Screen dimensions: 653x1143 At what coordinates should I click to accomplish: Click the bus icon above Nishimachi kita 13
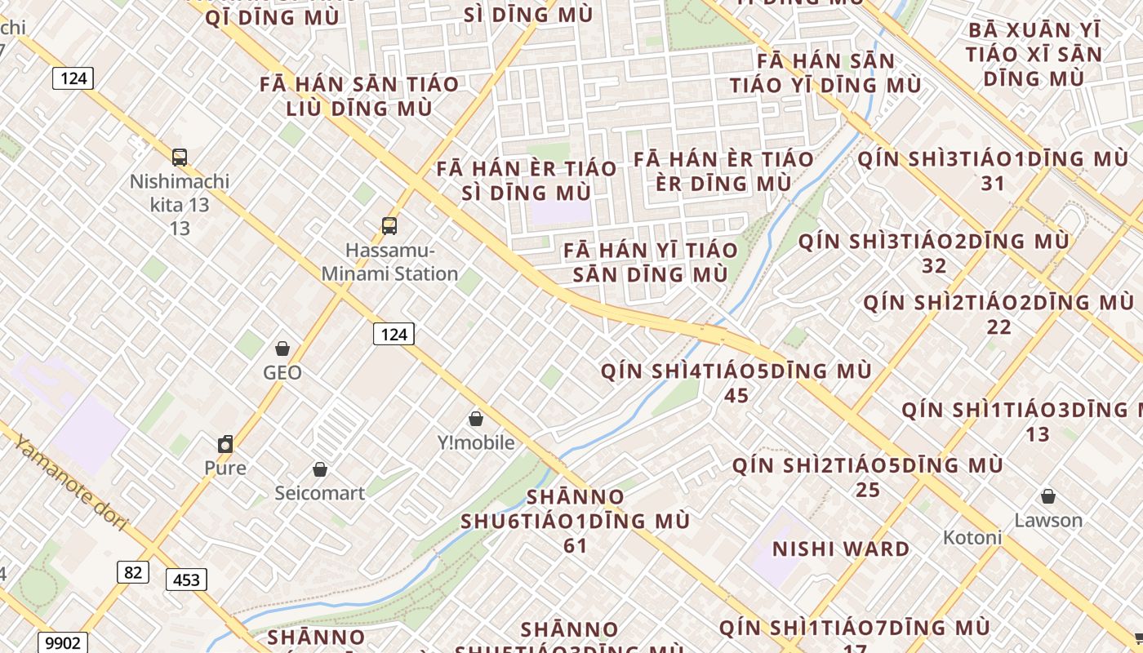point(180,158)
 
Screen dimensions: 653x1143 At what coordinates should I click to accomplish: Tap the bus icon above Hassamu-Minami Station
point(389,226)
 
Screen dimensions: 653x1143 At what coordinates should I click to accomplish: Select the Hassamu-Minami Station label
point(389,262)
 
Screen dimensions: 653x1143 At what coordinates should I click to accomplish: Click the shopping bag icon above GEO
point(282,349)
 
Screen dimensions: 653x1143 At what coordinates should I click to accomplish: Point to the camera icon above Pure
point(225,444)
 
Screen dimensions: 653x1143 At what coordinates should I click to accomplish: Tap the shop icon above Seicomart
point(320,469)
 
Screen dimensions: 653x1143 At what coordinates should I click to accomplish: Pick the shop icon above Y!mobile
point(476,420)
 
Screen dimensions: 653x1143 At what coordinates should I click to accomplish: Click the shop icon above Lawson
point(1048,496)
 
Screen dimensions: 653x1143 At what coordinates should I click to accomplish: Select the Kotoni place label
point(972,537)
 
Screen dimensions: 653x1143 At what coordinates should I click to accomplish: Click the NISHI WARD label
point(841,549)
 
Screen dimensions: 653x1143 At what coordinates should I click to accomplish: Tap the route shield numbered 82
point(133,572)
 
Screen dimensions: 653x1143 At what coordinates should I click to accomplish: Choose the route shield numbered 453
point(186,580)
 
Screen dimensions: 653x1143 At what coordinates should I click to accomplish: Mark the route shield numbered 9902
point(63,642)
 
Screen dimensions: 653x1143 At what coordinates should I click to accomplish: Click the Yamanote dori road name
point(71,483)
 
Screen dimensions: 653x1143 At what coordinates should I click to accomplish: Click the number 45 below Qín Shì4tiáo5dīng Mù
point(736,396)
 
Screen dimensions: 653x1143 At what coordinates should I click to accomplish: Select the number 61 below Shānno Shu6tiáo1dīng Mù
point(576,545)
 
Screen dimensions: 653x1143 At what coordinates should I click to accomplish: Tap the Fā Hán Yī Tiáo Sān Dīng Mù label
point(650,262)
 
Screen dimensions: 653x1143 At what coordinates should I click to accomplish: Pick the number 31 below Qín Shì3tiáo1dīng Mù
point(993,184)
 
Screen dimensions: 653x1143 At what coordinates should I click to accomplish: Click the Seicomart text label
point(320,493)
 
